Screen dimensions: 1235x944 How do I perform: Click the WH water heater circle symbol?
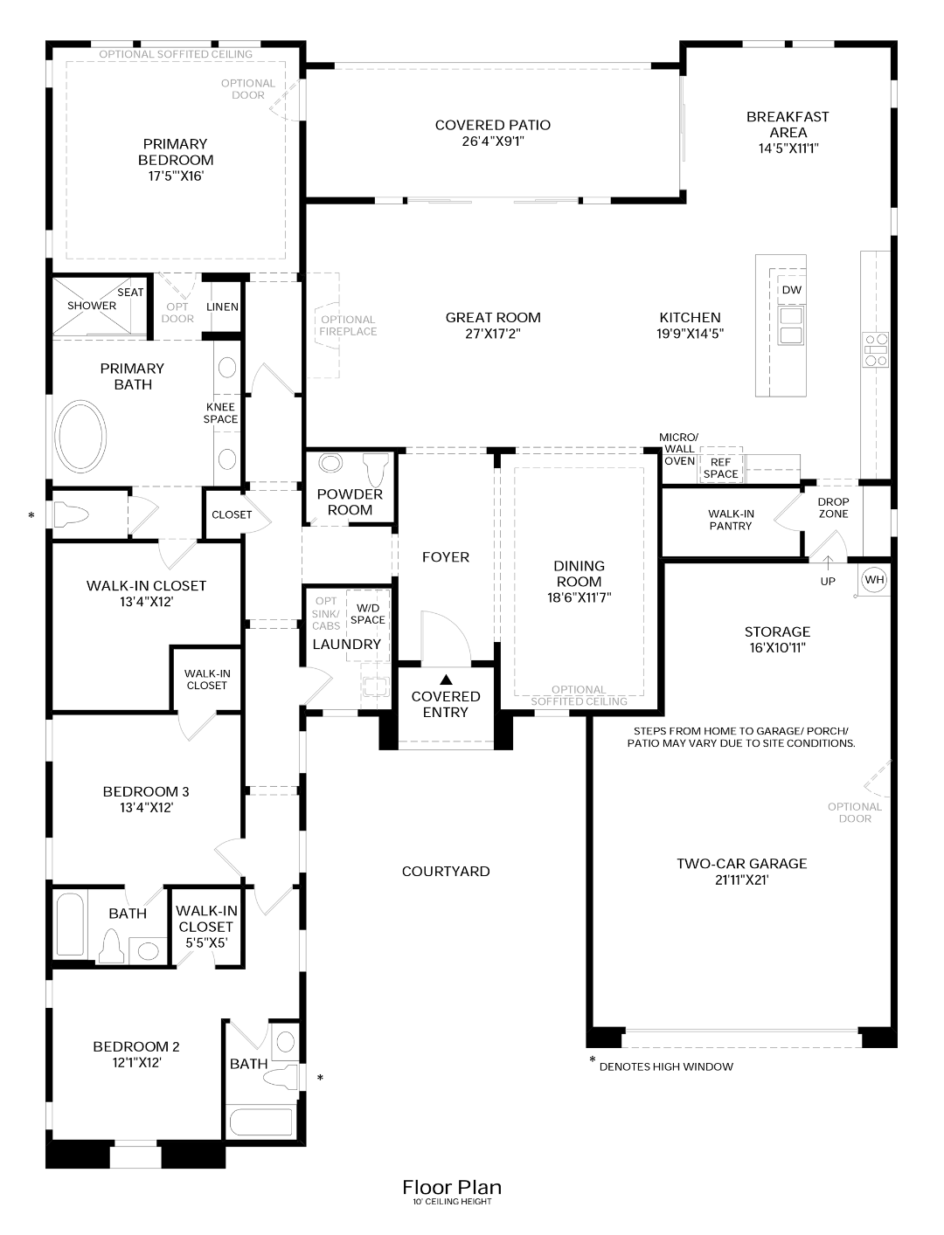coord(874,579)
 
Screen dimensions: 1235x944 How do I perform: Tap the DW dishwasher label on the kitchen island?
coord(791,290)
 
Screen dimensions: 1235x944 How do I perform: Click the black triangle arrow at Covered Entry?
coord(446,679)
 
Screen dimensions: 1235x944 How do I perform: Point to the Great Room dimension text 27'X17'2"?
coord(493,333)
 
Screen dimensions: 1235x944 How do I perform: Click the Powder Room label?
coord(350,502)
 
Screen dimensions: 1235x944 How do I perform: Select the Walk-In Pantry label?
coord(731,520)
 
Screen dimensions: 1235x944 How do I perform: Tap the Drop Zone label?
coord(833,507)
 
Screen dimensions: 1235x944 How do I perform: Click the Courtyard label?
coord(446,871)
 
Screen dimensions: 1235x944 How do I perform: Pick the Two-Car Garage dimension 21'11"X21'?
coord(741,880)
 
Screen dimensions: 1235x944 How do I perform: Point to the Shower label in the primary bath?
coord(92,306)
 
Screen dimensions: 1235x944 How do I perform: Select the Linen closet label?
coord(222,307)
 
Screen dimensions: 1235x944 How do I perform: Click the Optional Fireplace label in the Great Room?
coord(348,325)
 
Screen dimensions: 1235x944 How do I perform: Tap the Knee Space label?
coord(221,413)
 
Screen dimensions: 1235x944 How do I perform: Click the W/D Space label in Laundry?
coord(367,613)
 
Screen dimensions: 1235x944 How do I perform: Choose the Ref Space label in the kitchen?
coord(720,468)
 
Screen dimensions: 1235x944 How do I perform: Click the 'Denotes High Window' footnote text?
coord(666,1066)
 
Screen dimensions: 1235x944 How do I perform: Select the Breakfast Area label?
coord(788,132)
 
